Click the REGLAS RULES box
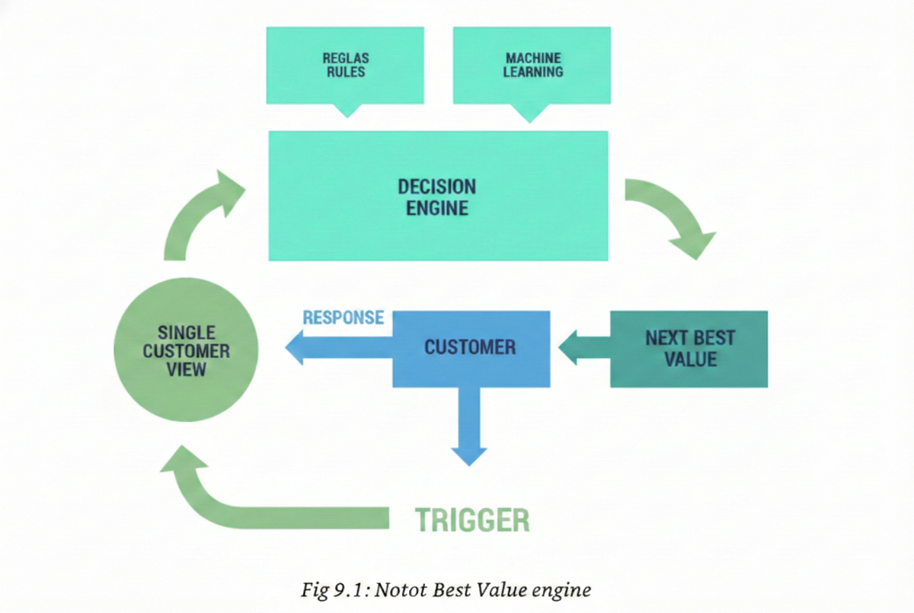(345, 65)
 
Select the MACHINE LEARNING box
(532, 65)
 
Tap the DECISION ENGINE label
(437, 196)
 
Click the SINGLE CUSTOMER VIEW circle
(186, 350)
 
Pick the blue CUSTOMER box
(471, 348)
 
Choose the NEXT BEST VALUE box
(689, 349)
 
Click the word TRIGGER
(471, 519)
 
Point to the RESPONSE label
(343, 318)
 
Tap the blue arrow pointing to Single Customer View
(335, 350)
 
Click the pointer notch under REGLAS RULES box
(347, 110)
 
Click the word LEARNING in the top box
(533, 72)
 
